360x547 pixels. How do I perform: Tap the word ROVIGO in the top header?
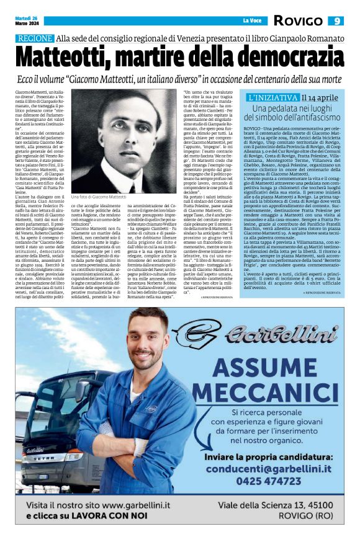tap(298, 21)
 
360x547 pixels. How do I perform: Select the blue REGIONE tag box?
tap(35, 38)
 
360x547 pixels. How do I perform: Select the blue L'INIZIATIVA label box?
tap(272, 98)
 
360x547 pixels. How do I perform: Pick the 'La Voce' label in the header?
tap(251, 21)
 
